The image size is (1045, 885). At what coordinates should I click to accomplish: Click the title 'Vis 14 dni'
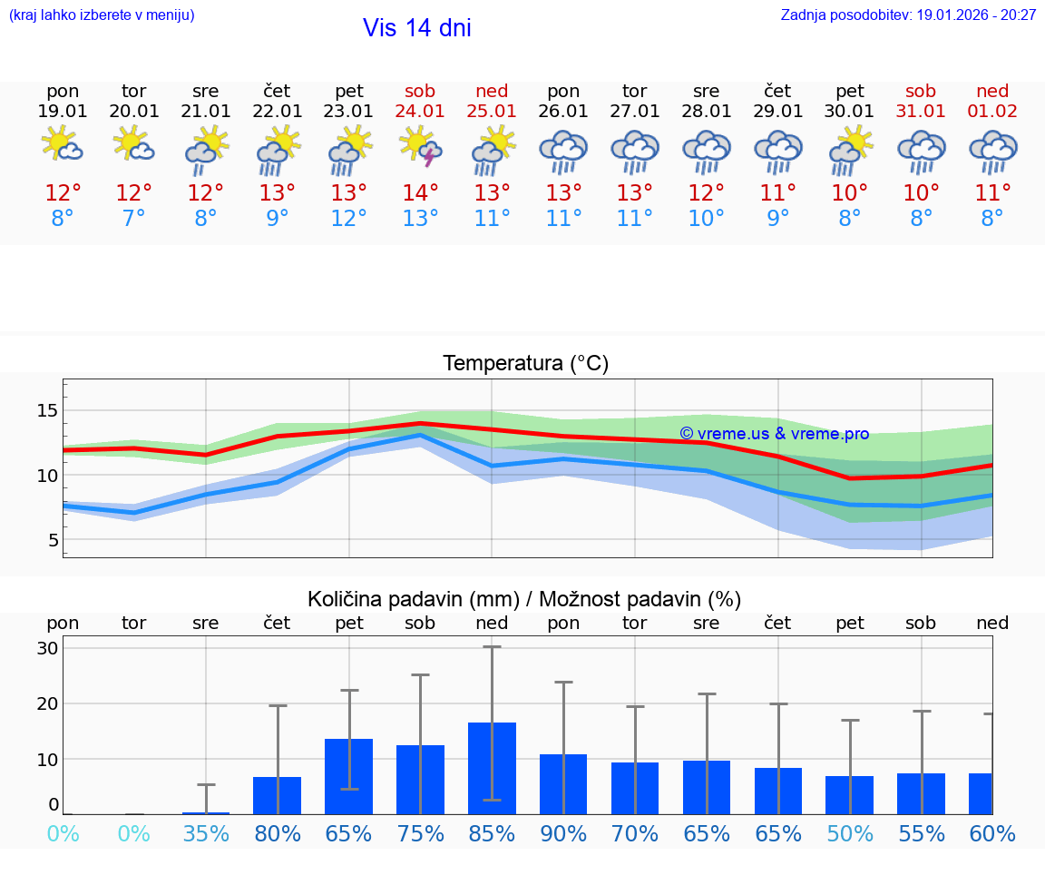point(416,28)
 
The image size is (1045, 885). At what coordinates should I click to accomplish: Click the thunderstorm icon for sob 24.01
point(420,149)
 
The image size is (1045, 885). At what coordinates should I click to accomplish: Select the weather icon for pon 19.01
point(63,145)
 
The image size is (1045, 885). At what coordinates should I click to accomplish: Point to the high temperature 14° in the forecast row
point(420,193)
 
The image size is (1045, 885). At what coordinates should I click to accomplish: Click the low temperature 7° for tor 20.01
point(134,219)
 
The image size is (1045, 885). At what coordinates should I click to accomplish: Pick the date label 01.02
point(992,112)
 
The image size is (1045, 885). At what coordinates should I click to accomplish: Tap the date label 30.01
point(849,112)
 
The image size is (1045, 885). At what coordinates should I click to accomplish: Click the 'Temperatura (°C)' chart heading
point(525,364)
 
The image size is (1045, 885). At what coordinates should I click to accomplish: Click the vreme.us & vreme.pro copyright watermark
point(774,434)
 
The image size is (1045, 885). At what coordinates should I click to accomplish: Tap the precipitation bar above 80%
point(277,795)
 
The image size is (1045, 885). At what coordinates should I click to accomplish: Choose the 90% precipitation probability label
point(563,834)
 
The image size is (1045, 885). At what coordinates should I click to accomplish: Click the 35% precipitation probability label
point(206,834)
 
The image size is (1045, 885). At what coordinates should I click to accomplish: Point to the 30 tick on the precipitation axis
point(47,648)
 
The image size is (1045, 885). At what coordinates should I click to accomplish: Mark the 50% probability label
point(849,834)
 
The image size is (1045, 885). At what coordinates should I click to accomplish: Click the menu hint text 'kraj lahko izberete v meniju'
point(102,15)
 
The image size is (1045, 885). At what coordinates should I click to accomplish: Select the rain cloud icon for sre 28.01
point(707,151)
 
